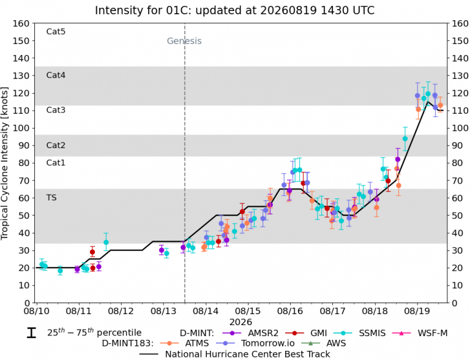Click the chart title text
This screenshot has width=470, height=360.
[x=235, y=10]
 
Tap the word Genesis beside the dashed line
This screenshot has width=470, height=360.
[x=184, y=41]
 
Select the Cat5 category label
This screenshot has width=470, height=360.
[x=56, y=31]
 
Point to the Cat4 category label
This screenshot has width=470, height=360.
[x=56, y=75]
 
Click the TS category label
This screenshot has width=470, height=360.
[x=51, y=198]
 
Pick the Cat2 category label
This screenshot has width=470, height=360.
[x=56, y=145]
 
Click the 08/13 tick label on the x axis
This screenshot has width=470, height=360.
[x=163, y=311]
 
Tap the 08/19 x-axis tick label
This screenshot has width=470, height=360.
[x=416, y=311]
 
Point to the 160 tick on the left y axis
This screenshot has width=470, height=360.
[x=21, y=23]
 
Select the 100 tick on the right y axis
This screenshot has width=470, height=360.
[x=460, y=128]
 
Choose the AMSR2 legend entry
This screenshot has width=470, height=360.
[x=250, y=333]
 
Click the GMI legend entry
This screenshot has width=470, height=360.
[x=306, y=333]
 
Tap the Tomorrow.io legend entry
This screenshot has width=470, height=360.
[x=255, y=343]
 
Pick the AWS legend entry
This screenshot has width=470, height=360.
[x=323, y=343]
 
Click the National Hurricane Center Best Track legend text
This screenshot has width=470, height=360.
[x=248, y=354]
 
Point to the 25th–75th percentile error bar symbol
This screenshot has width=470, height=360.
[x=31, y=332]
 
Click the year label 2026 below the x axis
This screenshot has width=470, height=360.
[x=241, y=322]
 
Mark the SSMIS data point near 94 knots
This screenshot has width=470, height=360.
[x=405, y=138]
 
